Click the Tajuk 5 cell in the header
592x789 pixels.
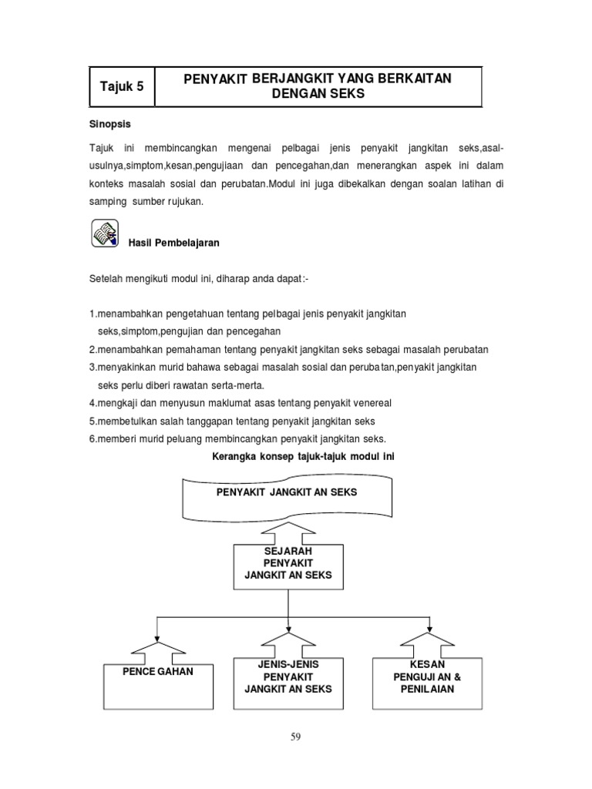(122, 86)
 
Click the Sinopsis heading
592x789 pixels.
(112, 124)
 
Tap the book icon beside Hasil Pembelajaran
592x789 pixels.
(105, 233)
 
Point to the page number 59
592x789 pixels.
(295, 737)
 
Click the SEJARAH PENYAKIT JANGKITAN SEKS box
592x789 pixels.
(288, 566)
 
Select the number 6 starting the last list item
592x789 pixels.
(92, 438)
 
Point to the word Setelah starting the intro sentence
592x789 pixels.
(107, 279)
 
